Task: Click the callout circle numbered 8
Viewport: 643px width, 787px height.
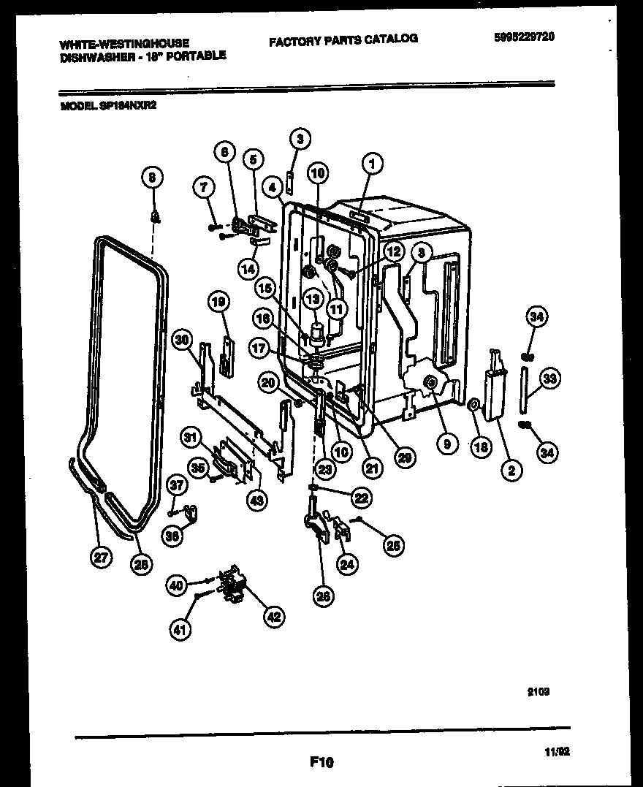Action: click(x=152, y=176)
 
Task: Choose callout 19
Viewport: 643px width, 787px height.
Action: click(x=218, y=300)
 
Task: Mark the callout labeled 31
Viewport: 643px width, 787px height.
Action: click(x=192, y=438)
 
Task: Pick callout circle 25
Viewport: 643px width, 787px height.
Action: click(x=395, y=544)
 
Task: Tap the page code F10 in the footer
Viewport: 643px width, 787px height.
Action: click(x=321, y=762)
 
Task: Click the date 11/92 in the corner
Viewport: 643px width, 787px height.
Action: click(x=558, y=750)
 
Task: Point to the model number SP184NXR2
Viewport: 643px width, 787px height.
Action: click(x=128, y=104)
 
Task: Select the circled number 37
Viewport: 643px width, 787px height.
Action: click(x=175, y=483)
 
